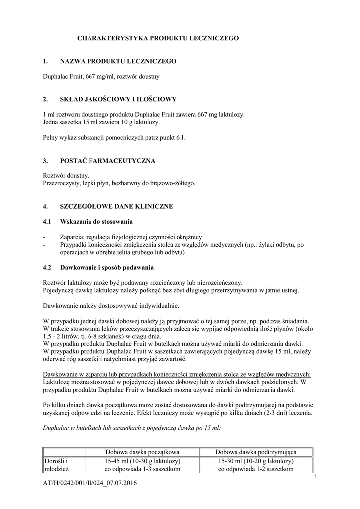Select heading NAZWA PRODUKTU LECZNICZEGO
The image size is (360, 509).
click(118, 61)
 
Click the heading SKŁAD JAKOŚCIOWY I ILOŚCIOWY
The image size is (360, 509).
click(118, 99)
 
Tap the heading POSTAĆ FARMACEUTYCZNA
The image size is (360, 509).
click(107, 161)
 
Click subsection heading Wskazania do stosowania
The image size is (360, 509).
click(96, 221)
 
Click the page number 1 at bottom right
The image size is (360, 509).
click(316, 477)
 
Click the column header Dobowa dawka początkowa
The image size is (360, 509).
click(142, 452)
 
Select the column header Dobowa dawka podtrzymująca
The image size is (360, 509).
click(256, 452)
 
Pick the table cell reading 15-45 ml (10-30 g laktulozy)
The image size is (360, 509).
click(142, 461)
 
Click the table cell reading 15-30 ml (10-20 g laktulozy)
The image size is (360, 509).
click(256, 461)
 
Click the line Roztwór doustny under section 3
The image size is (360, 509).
click(66, 176)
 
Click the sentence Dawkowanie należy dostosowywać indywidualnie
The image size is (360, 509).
click(111, 305)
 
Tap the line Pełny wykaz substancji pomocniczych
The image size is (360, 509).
click(114, 138)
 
